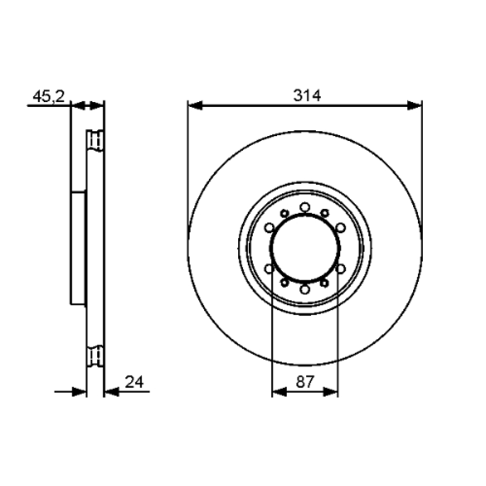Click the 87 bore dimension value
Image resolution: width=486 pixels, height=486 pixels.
point(305,382)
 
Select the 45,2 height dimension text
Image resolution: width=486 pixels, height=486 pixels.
point(49,97)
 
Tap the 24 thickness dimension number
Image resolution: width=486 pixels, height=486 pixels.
point(134,382)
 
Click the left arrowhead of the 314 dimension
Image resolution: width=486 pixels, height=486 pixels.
point(195,105)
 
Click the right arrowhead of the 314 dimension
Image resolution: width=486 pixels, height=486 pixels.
point(415,105)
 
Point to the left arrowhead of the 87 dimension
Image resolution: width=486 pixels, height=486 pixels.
point(279,392)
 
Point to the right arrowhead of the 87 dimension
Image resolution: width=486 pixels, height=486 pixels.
point(330,392)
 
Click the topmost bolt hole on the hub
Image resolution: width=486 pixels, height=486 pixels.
point(305,207)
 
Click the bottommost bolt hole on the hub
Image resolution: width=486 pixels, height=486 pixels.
point(305,289)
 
